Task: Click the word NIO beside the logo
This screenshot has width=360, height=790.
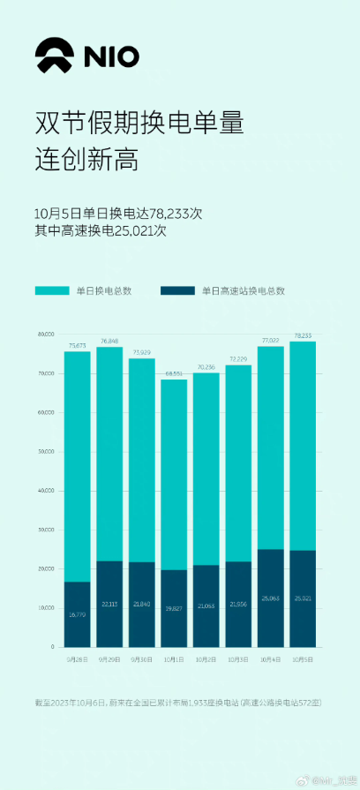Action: pos(111,57)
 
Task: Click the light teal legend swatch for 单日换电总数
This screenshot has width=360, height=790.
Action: pos(52,290)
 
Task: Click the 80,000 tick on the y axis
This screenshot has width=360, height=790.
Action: pos(47,335)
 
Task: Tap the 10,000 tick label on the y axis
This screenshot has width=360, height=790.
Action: pos(47,608)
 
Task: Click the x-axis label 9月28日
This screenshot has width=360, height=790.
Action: pos(77,658)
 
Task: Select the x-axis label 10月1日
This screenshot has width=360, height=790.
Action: pos(174,658)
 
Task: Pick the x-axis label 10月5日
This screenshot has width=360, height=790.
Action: pos(303,658)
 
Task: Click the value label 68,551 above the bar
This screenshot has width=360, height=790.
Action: pos(174,374)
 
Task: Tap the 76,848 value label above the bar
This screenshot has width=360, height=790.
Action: pos(109,342)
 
